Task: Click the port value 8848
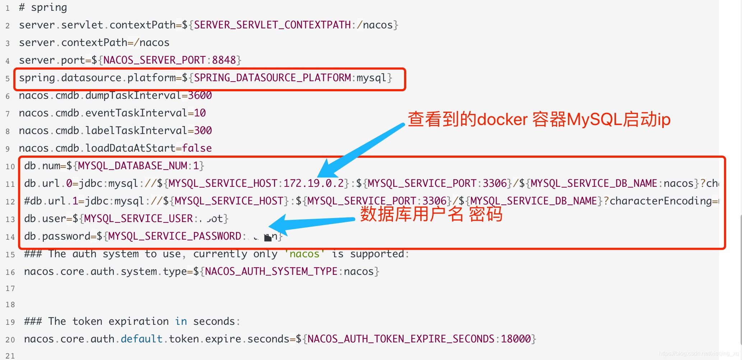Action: point(224,60)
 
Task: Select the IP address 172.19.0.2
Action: point(314,183)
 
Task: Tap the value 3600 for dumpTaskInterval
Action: point(200,95)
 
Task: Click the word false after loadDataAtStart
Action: point(197,148)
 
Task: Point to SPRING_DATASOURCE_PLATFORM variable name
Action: point(272,78)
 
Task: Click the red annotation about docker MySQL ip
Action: point(539,119)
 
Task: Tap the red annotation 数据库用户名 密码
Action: point(431,214)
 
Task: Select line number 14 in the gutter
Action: point(10,237)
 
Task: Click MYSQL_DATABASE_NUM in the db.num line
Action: point(133,166)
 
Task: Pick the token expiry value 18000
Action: point(516,339)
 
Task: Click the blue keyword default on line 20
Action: point(142,339)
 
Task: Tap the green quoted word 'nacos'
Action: point(304,254)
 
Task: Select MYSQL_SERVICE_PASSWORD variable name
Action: point(175,236)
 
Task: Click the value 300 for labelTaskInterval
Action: point(203,130)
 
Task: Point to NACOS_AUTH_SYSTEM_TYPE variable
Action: point(271,271)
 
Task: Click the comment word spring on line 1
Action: point(49,8)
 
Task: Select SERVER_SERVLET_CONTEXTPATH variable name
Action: point(272,25)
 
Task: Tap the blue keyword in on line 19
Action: point(181,321)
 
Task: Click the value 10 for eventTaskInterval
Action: point(200,113)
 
